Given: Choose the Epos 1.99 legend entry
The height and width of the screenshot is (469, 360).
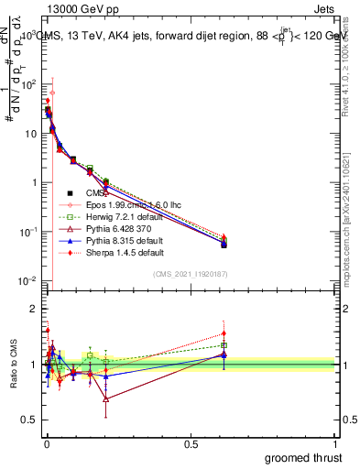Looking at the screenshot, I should [x=126, y=204].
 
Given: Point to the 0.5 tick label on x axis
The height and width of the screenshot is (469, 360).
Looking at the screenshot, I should [x=191, y=444].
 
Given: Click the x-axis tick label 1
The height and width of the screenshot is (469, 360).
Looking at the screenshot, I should [x=337, y=444].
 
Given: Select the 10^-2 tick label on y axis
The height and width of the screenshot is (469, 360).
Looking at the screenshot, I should [x=27, y=281].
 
